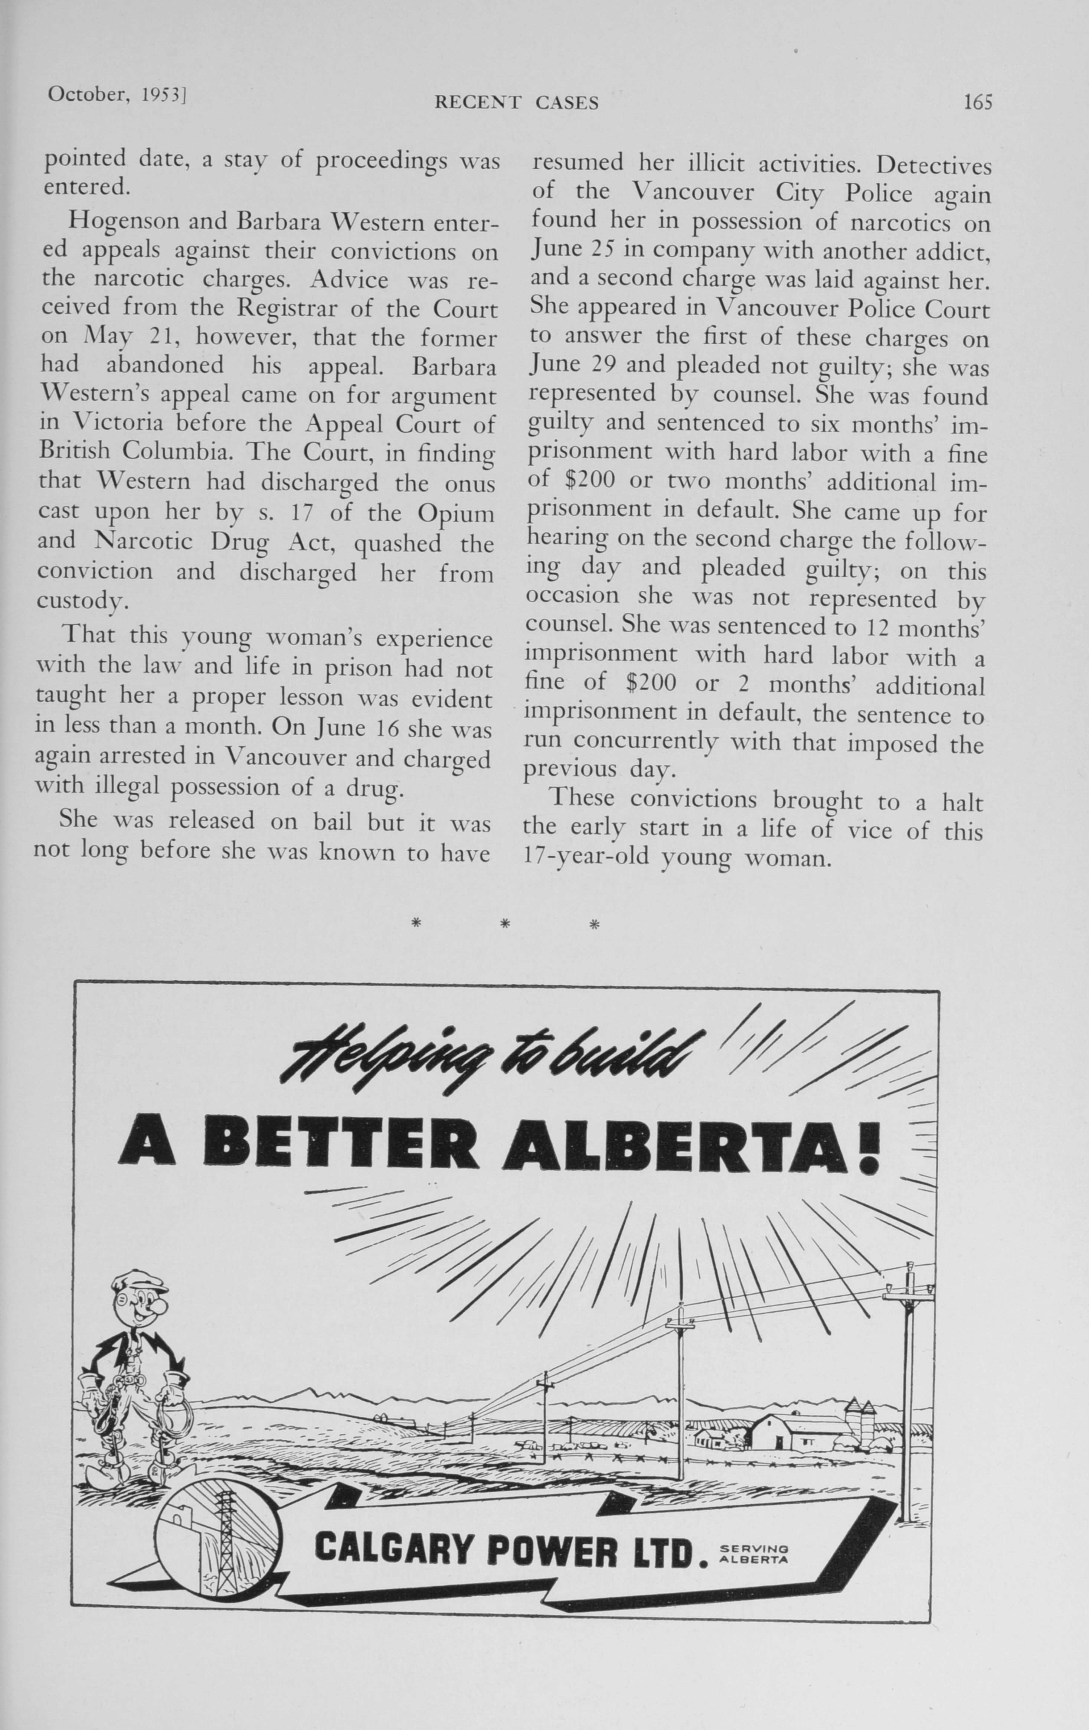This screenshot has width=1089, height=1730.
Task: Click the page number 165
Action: click(978, 102)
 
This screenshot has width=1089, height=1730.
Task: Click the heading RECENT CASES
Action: click(516, 103)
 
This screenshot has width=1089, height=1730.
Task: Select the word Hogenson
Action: click(122, 220)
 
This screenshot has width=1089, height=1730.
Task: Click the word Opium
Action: click(456, 513)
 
